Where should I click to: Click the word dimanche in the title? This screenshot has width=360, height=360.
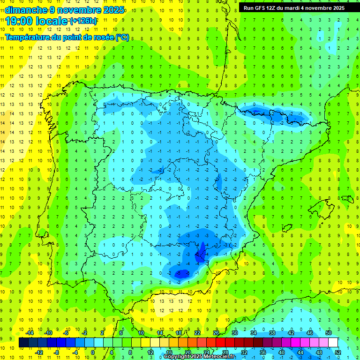(27, 10)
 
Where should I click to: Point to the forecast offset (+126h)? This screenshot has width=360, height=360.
(83, 21)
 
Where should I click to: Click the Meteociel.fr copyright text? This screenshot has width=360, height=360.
(199, 357)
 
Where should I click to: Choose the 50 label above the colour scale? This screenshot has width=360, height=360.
(328, 333)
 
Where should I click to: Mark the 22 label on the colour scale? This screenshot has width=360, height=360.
(197, 333)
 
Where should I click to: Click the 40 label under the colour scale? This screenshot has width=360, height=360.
(281, 352)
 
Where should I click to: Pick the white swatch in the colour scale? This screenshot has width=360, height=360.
(333, 342)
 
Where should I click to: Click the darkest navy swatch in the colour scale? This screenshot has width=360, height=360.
(23, 342)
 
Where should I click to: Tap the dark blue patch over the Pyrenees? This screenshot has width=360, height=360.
(258, 111)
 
